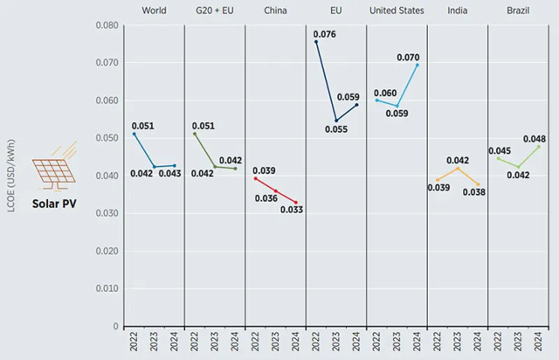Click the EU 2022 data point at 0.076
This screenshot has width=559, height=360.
tap(316, 41)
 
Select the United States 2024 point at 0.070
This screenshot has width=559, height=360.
tap(418, 65)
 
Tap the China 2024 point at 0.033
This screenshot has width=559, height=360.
tap(295, 203)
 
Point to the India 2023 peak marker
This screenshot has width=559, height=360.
tap(458, 168)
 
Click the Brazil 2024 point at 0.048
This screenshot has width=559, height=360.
tap(539, 146)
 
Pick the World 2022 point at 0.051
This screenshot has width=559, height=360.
tap(134, 134)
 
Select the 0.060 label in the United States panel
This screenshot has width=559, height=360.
tap(385, 93)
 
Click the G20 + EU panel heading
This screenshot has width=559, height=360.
tap(214, 10)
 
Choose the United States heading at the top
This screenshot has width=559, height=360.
tap(397, 10)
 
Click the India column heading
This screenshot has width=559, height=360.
tap(458, 10)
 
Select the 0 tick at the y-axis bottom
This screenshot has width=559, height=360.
tap(115, 326)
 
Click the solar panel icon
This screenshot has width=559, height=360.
tap(52, 166)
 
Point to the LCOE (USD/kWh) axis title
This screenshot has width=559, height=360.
tap(11, 175)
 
